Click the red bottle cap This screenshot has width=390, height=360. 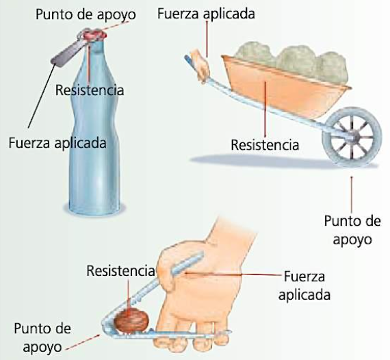click(94, 35)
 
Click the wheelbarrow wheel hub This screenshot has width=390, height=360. click(354, 137)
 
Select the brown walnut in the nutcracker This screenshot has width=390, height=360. click(131, 320)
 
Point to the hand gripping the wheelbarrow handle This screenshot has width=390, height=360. click(200, 65)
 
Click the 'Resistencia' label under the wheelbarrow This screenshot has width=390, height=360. click(265, 145)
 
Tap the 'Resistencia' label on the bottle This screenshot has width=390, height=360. click(90, 90)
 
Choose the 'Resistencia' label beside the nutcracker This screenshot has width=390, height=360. click(120, 270)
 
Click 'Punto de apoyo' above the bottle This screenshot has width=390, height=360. click(86, 14)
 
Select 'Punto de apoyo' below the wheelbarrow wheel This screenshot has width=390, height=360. click(352, 230)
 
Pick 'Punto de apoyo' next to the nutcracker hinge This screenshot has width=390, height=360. click(42, 337)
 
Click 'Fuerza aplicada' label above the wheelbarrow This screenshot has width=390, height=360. click(206, 14)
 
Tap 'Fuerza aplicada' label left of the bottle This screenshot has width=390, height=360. click(57, 143)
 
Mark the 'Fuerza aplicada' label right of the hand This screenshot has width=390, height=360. click(304, 285)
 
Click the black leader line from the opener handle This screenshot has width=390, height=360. click(42, 96)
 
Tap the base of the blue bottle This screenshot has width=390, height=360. click(94, 209)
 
